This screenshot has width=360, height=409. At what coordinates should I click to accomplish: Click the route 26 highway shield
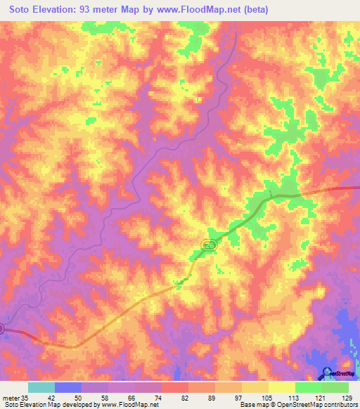pos(209,244)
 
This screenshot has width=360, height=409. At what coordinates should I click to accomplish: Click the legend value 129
pos(347,397)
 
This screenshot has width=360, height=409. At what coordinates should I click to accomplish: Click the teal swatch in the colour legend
pos(41,387)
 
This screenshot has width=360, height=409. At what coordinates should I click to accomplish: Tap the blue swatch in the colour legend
pos(68,387)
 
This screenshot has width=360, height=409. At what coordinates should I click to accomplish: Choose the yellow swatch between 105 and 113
pos(281,387)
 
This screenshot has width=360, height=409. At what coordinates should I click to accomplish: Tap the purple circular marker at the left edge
pos(2,328)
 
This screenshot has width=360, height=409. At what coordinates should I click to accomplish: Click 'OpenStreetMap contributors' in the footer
pos(316,405)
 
